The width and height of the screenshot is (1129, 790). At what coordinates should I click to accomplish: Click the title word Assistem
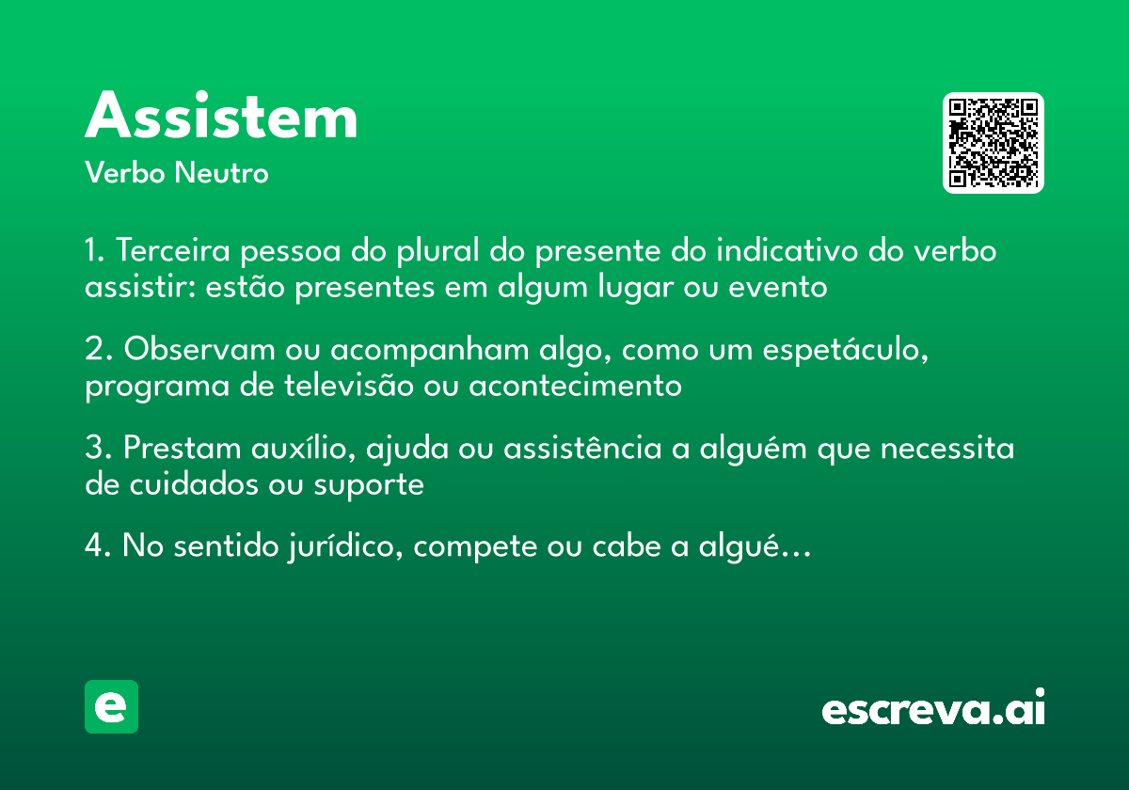[221, 118]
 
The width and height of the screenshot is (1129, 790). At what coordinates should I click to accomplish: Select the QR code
[994, 143]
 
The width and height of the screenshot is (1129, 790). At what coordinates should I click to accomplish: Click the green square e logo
[111, 707]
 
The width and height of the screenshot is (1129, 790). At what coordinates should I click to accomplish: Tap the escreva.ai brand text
[933, 710]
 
